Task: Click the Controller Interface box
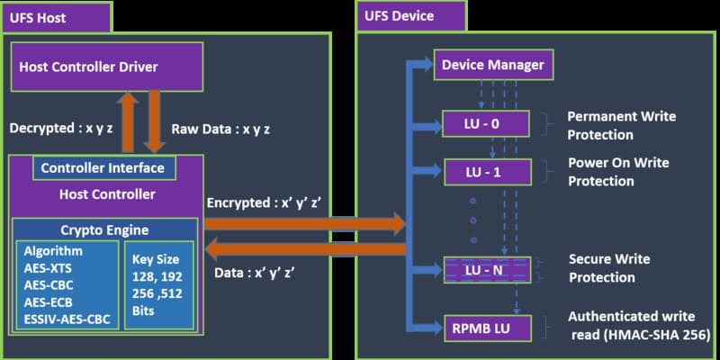103,167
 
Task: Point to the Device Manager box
491,65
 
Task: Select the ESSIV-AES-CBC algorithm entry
68,318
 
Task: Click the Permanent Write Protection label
621,126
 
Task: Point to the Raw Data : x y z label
220,129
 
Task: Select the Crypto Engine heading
105,229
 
